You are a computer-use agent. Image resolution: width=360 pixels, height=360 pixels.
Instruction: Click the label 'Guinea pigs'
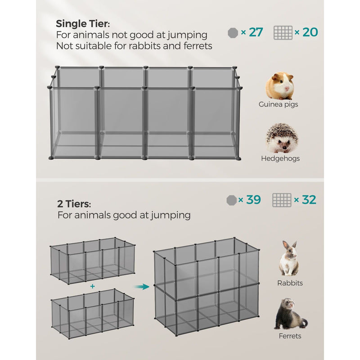(278, 104)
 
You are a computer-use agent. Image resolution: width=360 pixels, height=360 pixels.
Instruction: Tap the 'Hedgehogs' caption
(280, 158)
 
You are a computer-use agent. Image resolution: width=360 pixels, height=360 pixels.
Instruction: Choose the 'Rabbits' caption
(290, 283)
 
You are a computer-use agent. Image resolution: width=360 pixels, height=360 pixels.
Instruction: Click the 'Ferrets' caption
(290, 336)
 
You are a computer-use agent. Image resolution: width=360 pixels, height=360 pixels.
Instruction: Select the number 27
(256, 32)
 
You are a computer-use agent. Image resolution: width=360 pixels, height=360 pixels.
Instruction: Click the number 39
(253, 200)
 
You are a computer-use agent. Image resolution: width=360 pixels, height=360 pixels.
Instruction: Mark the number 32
(309, 200)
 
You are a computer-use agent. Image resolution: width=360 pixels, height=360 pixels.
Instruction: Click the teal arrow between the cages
(144, 286)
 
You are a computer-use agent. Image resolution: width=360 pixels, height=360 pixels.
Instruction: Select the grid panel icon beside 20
(283, 32)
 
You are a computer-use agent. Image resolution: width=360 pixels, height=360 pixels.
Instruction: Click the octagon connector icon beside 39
(232, 200)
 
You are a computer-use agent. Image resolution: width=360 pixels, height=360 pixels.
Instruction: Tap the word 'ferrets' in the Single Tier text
(194, 45)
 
